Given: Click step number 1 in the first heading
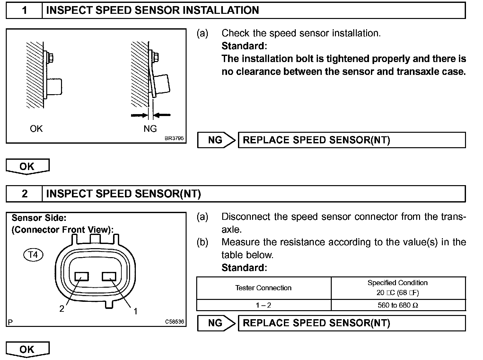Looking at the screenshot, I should tap(24, 10).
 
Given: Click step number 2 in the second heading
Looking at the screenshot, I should tap(24, 194).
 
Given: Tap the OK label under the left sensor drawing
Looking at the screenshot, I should tap(36, 129).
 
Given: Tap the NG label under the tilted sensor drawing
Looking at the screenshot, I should tap(150, 129).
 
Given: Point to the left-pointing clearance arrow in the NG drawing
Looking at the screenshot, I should tap(162, 115).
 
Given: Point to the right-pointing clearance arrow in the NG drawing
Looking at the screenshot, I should tap(139, 115).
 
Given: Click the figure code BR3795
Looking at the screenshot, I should tap(174, 139).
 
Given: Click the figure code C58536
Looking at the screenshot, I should tap(175, 321).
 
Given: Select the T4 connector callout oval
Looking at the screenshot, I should tap(33, 255).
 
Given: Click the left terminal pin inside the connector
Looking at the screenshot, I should tap(82, 277).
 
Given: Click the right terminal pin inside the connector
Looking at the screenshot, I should tap(109, 276).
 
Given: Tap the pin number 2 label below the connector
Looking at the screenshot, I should tap(62, 309).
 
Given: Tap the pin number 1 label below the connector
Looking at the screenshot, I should tap(136, 311).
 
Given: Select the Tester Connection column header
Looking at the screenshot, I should tap(263, 288).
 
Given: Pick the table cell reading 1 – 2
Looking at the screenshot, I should tap(263, 305).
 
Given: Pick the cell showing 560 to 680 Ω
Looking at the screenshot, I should tap(398, 305).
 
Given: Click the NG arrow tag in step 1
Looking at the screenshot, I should tap(216, 140).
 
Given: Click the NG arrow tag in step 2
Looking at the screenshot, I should tap(216, 323).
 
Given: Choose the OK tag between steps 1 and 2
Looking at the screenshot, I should tap(27, 166).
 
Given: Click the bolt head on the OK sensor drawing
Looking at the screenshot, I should tap(50, 58).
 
